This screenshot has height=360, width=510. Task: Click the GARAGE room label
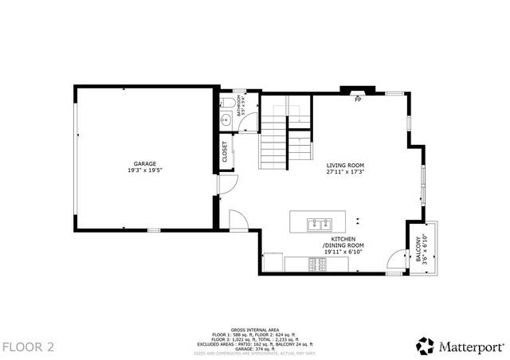145,163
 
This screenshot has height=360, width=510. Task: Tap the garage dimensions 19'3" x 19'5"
145,170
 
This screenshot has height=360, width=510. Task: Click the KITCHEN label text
344,238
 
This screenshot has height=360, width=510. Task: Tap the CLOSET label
225,151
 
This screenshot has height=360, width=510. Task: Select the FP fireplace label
358,99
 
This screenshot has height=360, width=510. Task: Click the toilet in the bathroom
227,104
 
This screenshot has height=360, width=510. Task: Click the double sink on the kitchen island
320,222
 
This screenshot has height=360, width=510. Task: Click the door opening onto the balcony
394,260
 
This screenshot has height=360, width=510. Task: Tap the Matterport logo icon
424,345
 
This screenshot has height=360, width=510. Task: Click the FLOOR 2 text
28,346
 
